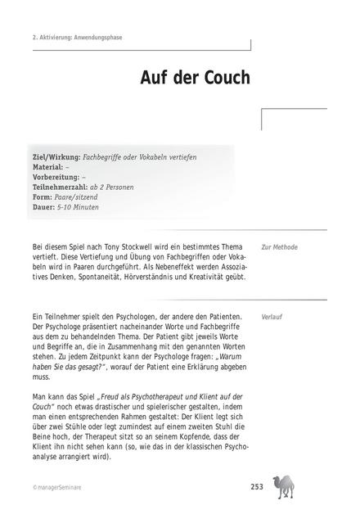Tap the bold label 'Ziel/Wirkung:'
click(56, 156)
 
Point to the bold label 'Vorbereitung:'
click(56, 177)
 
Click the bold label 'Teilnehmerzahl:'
click(61, 187)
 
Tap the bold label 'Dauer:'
click(43, 207)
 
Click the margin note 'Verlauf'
click(272, 314)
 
